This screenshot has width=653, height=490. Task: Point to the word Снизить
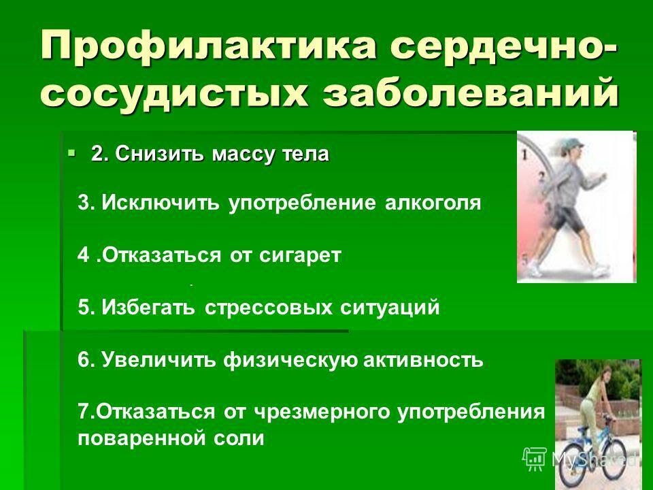(x=161, y=154)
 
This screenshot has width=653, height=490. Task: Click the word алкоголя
(x=433, y=203)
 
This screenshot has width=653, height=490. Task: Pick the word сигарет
(x=300, y=255)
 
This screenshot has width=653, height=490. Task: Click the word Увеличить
(x=159, y=359)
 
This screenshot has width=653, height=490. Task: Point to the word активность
(x=423, y=360)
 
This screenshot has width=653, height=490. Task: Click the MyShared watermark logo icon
(x=535, y=458)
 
